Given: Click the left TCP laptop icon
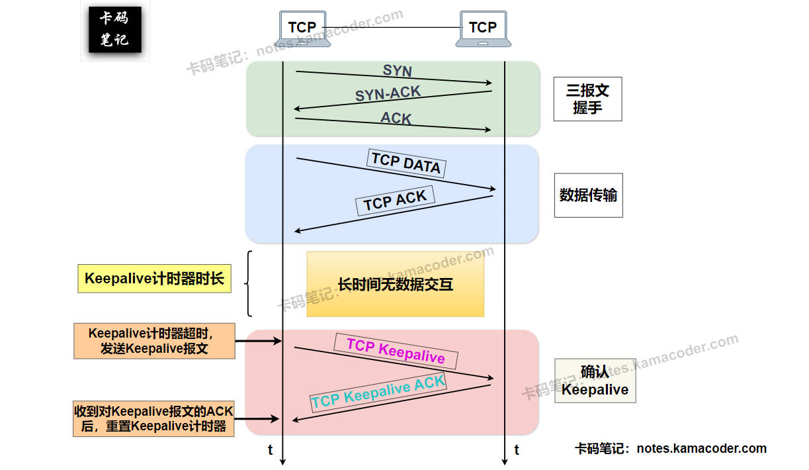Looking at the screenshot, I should (x=302, y=28).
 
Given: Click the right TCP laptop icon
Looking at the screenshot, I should (x=483, y=28).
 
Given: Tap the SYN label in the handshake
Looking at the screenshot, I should (x=397, y=70).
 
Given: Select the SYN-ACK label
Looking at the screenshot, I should (x=388, y=94).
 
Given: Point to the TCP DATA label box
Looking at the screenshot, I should (x=405, y=163).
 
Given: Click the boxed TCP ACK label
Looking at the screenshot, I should (x=395, y=200).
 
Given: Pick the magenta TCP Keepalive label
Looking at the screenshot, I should (x=396, y=351).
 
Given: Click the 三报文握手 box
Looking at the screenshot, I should (x=587, y=99).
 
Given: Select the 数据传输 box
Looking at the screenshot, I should (x=588, y=195).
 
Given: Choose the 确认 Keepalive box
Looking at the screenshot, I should (x=595, y=381).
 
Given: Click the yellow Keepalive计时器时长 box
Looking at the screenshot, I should (x=154, y=279).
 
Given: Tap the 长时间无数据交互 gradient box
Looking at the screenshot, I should (x=395, y=285).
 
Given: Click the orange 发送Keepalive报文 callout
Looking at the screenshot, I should (x=154, y=341).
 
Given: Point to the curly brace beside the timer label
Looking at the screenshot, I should (x=249, y=284).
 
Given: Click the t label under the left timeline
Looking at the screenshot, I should (x=270, y=450).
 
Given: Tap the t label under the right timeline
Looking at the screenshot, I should (x=517, y=450).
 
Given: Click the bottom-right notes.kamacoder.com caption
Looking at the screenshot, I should (x=670, y=448).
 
